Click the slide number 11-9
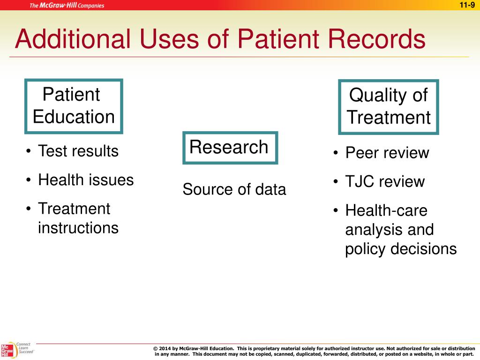click(467, 5)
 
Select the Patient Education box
click(74, 106)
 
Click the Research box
click(230, 147)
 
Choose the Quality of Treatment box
click(388, 106)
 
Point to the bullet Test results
click(78, 151)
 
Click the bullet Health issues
click(86, 180)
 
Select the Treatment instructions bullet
click(78, 218)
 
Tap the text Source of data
click(234, 190)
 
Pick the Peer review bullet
click(387, 153)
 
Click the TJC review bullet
click(385, 182)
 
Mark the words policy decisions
click(401, 249)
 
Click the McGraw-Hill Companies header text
click(67, 6)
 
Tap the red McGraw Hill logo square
click(7, 351)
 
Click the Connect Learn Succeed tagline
click(25, 348)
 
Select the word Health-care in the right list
click(386, 211)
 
